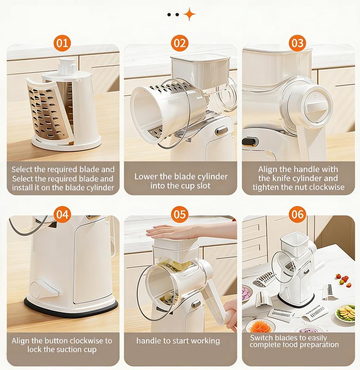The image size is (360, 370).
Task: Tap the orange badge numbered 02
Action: (x=180, y=44)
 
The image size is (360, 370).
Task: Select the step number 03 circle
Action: (x=298, y=44)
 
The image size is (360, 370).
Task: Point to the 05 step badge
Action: (x=180, y=215)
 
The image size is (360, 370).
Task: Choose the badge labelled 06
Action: (x=298, y=215)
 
